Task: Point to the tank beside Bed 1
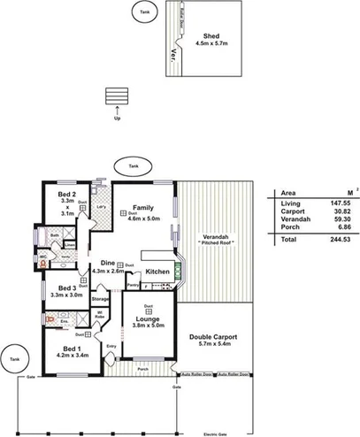(12, 359)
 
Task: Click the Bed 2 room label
(65, 194)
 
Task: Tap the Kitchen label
(157, 272)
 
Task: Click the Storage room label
(101, 301)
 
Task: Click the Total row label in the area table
(288, 240)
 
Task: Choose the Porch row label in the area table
(289, 227)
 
